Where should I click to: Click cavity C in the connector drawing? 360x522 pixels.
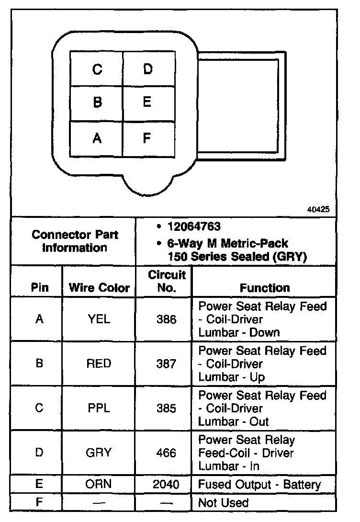[97, 69]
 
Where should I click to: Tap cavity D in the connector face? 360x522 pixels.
[148, 69]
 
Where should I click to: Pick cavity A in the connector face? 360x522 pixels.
[97, 138]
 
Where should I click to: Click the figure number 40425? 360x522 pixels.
[319, 209]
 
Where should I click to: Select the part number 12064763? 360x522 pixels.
[194, 226]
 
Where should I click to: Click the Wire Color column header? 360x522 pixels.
[99, 288]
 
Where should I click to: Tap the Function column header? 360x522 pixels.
[265, 288]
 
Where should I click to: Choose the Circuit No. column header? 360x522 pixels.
[166, 282]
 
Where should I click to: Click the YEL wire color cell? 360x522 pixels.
[99, 319]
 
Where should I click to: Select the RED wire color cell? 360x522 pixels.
[99, 363]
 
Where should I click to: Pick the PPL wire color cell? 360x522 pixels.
[99, 408]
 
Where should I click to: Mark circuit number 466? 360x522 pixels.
[166, 453]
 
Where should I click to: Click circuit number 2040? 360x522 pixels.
[166, 484]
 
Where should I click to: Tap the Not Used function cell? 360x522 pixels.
[224, 502]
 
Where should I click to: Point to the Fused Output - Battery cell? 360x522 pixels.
[259, 484]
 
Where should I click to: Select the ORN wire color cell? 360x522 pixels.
[99, 484]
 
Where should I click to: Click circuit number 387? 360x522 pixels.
[166, 363]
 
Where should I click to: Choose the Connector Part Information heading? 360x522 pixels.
[75, 241]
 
